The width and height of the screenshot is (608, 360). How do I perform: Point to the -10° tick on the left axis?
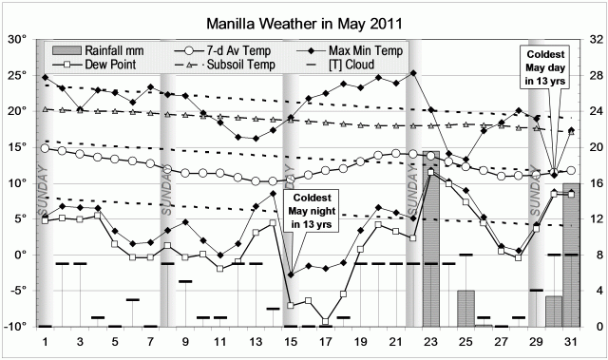(x=16, y=327)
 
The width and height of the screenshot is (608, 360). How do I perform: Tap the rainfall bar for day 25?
(x=465, y=309)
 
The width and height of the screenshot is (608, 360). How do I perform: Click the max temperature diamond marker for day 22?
(x=412, y=73)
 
